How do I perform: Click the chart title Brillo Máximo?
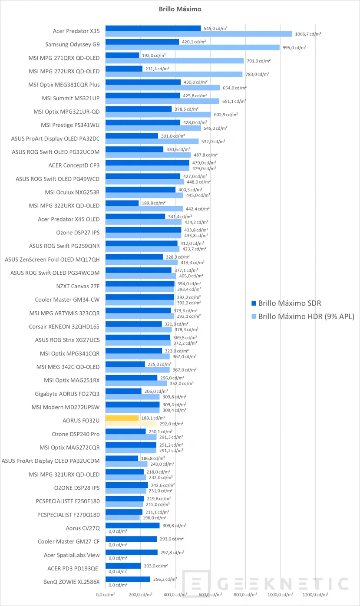tap(179, 9)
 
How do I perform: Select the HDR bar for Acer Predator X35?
tap(199, 34)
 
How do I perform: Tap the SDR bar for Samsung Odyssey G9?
tap(142, 42)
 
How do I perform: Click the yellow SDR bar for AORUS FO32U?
tap(122, 418)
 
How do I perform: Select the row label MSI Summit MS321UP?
tap(71, 98)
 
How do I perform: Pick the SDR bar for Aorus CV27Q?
tap(132, 525)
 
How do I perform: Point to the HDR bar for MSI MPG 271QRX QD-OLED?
tap(175, 61)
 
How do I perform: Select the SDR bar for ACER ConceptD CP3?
tap(148, 163)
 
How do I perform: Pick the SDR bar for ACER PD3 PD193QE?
tap(123, 566)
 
